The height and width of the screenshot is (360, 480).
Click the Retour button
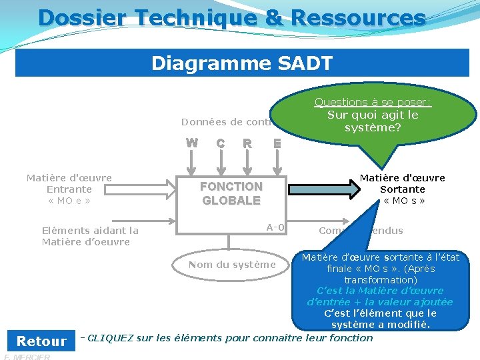tap(41, 341)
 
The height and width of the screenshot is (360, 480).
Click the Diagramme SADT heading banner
tap(242, 63)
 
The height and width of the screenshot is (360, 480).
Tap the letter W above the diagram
tap(191, 142)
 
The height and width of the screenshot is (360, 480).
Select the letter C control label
tap(220, 143)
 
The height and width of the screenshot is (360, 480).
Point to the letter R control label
tap(247, 143)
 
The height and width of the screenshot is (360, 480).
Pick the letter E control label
tap(277, 143)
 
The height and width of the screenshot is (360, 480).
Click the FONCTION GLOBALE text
tap(231, 193)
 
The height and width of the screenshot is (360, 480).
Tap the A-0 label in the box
tap(275, 227)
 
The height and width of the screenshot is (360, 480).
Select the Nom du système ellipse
tap(231, 265)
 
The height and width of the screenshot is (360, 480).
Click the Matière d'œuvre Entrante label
tap(69, 189)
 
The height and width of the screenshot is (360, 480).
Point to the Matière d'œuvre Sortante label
tap(403, 189)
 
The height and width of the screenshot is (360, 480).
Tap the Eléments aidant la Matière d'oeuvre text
tap(90, 236)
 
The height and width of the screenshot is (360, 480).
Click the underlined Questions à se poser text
tap(373, 102)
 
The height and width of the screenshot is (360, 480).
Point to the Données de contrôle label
tap(227, 122)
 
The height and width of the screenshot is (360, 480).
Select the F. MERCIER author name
tap(27, 357)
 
